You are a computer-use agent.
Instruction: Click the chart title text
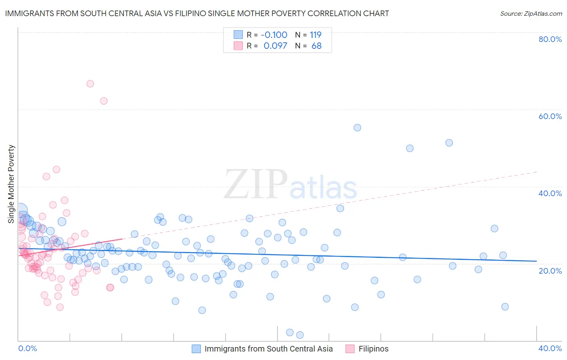(197, 13)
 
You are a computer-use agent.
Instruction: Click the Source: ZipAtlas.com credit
(531, 14)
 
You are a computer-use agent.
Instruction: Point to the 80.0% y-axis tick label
(550, 39)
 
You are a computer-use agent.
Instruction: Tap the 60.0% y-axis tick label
(550, 116)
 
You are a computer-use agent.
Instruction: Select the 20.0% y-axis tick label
(550, 271)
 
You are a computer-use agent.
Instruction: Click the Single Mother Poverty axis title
(11, 184)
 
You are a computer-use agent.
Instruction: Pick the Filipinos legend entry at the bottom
(373, 349)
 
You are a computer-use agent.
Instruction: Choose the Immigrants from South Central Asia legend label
(269, 349)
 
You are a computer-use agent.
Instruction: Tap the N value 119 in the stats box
(315, 35)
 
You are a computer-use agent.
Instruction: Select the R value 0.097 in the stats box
(276, 46)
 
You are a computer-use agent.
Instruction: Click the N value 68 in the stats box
(317, 46)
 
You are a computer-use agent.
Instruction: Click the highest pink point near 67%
(90, 84)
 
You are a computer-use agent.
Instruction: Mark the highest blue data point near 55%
(357, 128)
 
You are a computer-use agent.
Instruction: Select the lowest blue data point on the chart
(300, 335)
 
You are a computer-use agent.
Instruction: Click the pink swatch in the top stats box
(238, 46)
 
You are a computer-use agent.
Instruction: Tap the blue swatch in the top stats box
(238, 35)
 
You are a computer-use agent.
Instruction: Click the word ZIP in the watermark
(256, 185)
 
